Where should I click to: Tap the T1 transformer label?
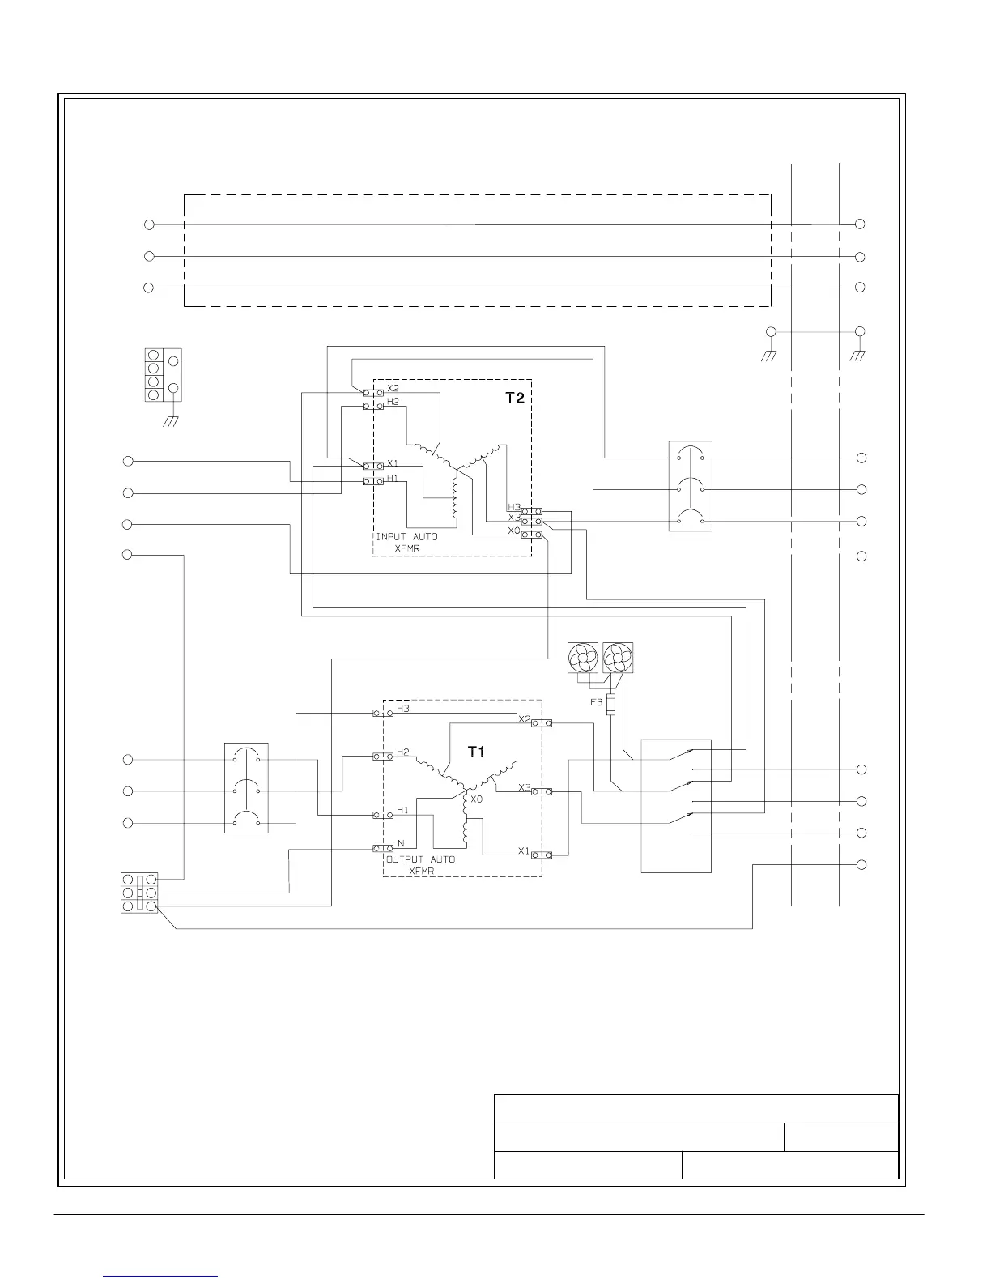(477, 752)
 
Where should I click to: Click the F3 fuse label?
(596, 702)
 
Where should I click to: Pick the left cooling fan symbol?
(583, 657)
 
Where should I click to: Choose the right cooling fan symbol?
(618, 657)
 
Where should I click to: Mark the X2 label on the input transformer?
(393, 389)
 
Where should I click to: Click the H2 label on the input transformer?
(393, 402)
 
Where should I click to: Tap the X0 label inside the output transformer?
(477, 799)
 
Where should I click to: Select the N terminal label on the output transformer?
(400, 844)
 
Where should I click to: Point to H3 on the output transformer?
(403, 709)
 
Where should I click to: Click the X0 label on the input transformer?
(514, 531)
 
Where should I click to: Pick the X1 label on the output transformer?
(524, 850)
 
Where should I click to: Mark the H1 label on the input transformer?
(393, 478)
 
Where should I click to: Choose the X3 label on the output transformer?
(524, 787)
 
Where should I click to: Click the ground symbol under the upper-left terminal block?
(171, 421)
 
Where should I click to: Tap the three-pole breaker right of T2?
(691, 486)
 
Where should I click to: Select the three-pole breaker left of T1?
(246, 788)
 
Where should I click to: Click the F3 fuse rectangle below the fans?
(610, 704)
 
